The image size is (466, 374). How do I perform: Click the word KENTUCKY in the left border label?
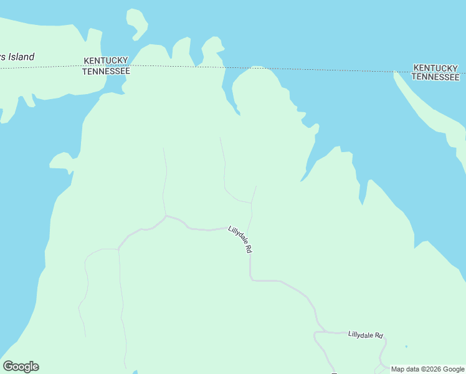tap(106, 60)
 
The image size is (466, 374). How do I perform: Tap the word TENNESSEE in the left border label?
tap(106, 71)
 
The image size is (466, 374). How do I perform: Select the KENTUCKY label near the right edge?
tap(436, 67)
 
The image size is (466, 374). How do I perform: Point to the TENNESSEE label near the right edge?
tap(436, 77)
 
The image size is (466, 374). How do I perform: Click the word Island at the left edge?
tap(21, 57)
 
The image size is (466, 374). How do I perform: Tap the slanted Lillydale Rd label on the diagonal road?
tap(240, 239)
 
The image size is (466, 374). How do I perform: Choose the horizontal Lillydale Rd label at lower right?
tap(365, 335)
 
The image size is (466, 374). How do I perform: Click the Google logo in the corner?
tap(21, 367)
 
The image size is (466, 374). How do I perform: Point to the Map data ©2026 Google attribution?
tap(427, 369)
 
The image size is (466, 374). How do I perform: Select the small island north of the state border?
tap(138, 24)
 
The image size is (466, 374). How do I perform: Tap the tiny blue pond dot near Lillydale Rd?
tap(406, 347)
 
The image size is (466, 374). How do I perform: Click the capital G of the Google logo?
tap(8, 367)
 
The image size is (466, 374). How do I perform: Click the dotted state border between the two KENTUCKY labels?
tap(262, 67)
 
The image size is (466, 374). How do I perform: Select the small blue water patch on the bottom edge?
tap(134, 372)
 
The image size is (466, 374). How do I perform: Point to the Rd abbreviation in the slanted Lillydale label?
tap(249, 248)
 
